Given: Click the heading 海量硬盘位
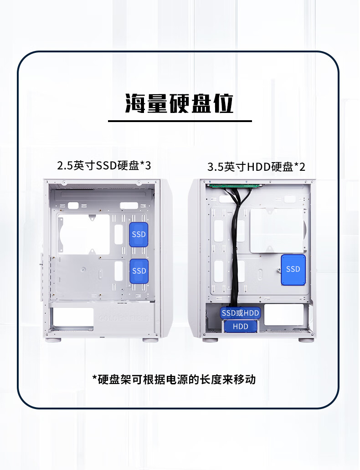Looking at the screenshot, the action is click(180, 104).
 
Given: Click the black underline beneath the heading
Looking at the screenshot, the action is click(180, 121).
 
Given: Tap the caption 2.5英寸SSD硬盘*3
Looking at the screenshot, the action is click(104, 165).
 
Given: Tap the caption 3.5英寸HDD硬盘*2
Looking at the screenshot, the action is click(256, 167).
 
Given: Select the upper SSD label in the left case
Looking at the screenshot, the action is click(139, 235).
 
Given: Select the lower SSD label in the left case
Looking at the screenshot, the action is click(139, 271).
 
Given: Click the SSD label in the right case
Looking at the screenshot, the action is click(293, 269).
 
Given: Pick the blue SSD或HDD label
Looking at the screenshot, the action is click(240, 313).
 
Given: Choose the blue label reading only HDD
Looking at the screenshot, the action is click(240, 327).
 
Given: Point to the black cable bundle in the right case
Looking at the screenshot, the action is click(237, 255).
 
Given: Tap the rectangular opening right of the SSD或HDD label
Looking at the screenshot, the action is click(283, 315).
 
